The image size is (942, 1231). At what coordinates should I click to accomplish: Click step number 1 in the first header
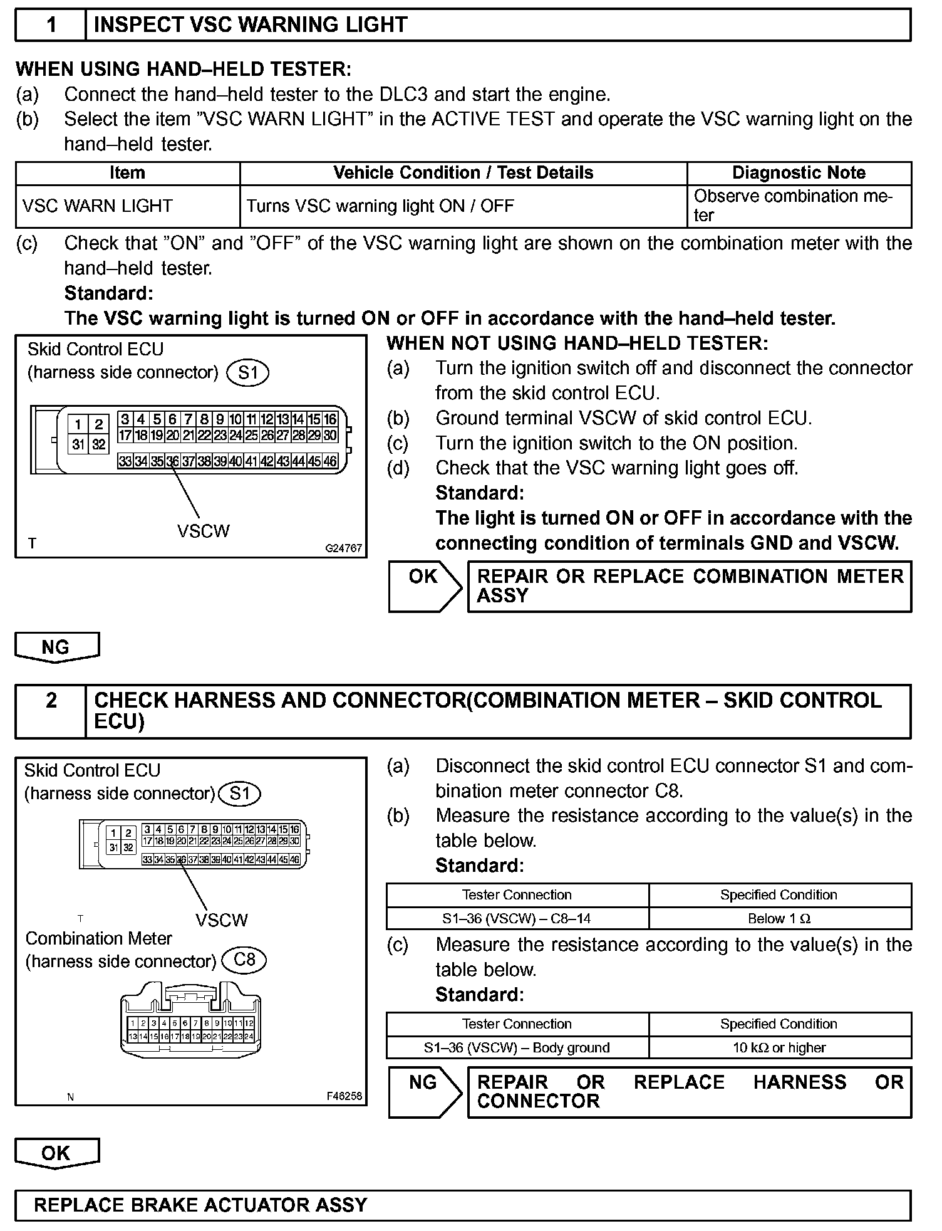tap(51, 25)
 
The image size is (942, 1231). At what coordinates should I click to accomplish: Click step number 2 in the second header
tap(51, 700)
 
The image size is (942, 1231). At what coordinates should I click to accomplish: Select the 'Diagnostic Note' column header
tap(799, 173)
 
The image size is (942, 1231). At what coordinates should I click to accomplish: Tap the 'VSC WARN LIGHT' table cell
tap(97, 206)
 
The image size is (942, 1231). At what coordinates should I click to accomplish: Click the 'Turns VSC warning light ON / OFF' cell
tap(380, 206)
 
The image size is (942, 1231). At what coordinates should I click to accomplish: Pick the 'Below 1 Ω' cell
tap(779, 919)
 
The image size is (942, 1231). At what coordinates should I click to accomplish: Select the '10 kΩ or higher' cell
tap(779, 1047)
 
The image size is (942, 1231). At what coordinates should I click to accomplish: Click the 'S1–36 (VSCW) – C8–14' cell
tap(517, 919)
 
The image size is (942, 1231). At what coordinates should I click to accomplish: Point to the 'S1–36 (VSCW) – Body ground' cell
tap(517, 1047)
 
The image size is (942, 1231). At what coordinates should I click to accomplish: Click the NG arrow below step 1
tap(56, 647)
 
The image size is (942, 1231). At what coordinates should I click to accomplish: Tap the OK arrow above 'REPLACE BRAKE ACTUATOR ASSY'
tap(56, 1153)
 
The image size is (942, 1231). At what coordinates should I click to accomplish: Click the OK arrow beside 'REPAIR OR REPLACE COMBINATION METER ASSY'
tap(424, 585)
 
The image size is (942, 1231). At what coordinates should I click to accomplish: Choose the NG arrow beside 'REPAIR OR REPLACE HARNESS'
tap(424, 1091)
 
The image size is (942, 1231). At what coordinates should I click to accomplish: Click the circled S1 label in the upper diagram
tap(248, 373)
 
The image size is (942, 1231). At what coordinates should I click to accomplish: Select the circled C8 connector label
tap(244, 960)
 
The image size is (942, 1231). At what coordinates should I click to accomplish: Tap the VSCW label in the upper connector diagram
tap(203, 532)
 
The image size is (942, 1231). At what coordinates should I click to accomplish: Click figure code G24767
tap(343, 548)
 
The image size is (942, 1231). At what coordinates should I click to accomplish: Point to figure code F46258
tap(344, 1096)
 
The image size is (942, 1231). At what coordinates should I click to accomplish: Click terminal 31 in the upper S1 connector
tap(78, 444)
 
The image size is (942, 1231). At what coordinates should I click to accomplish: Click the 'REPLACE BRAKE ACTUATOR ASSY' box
tap(462, 1205)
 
